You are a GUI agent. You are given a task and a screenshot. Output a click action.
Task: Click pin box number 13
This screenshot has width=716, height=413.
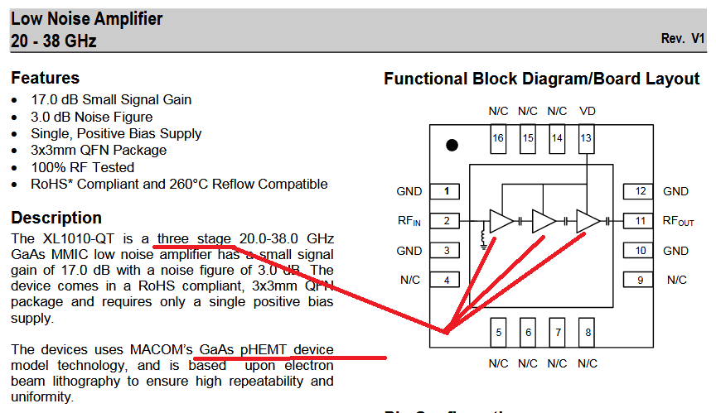[587, 138]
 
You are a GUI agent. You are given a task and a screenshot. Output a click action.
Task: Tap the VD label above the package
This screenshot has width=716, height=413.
[587, 111]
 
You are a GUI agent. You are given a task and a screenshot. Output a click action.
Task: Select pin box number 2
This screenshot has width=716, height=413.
[446, 221]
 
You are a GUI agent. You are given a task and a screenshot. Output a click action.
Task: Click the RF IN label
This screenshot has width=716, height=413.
[409, 221]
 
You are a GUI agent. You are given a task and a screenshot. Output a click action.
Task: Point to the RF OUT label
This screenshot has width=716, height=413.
[677, 221]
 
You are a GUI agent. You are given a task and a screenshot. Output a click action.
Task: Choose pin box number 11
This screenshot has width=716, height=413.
[640, 221]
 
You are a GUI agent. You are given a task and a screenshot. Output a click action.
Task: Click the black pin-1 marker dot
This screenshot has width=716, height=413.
[452, 145]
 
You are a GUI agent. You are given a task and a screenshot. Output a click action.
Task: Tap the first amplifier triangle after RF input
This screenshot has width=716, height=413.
[501, 221]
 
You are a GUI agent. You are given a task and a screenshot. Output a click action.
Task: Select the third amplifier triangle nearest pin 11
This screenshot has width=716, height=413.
[587, 221]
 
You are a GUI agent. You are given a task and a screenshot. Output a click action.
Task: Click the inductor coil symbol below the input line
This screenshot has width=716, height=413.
[484, 238]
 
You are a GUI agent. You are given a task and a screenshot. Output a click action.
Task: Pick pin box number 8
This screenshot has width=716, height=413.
[587, 334]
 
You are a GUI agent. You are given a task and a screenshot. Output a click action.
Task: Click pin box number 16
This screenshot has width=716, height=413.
[497, 138]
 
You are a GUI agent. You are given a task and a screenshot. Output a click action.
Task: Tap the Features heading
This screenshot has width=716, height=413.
[45, 79]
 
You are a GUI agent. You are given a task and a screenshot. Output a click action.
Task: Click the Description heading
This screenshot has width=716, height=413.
[56, 219]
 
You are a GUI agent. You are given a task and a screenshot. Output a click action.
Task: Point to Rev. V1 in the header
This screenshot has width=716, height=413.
[682, 39]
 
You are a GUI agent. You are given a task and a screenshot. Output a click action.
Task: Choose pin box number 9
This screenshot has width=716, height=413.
[640, 280]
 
